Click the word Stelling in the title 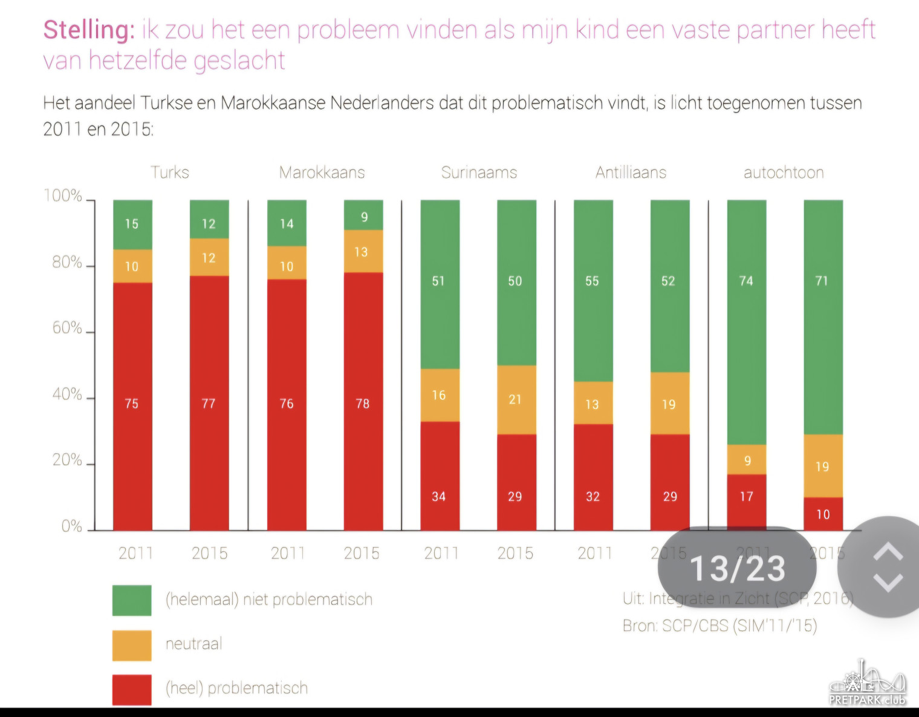point(88,30)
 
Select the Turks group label point(170,172)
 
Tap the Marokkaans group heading point(322,172)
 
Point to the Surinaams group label point(479,172)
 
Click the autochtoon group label point(784,172)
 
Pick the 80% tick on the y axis point(67,263)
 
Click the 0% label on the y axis point(72,526)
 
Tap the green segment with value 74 point(746,322)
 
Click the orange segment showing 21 point(516,399)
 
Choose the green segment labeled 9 point(363,215)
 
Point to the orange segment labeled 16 point(440,395)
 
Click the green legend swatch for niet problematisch point(132,600)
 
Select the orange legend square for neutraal point(132,645)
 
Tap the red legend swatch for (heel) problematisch point(132,690)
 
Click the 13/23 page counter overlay point(737,568)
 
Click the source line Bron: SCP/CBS point(719,626)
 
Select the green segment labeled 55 point(593,290)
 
